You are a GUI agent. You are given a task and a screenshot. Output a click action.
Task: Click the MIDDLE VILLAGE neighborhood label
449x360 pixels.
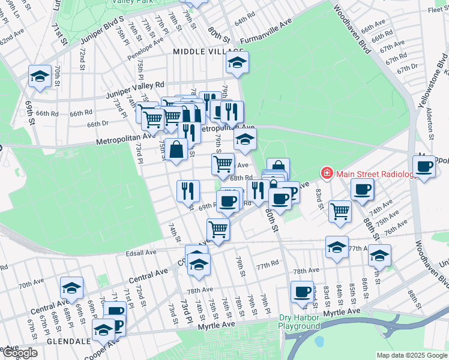coord(208,52)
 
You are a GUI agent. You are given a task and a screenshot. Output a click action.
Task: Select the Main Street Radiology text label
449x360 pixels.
coord(376,174)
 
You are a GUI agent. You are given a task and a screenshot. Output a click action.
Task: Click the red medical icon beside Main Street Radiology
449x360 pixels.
coord(327,174)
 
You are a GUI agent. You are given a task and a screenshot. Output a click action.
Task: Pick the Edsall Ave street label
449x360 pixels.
coord(141,253)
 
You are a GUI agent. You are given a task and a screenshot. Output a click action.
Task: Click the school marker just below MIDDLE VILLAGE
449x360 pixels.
coord(238,62)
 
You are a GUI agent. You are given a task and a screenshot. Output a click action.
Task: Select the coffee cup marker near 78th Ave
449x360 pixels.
coord(301,292)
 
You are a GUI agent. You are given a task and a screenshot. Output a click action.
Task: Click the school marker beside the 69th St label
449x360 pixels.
coord(40,76)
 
